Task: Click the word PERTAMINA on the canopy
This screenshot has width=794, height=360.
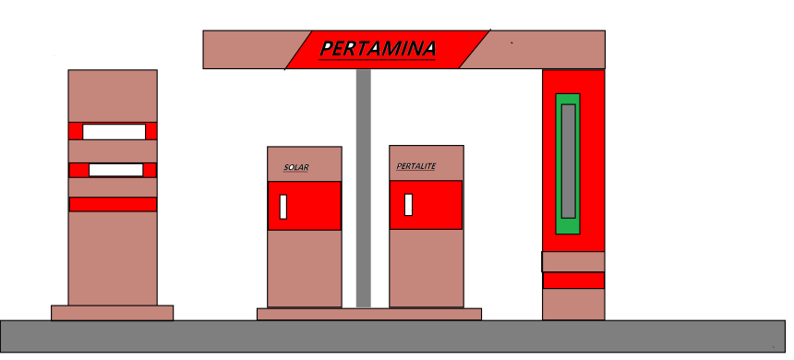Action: click(x=378, y=48)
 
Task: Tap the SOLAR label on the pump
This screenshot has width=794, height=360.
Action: click(x=296, y=168)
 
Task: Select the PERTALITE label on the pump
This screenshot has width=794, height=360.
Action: click(x=415, y=167)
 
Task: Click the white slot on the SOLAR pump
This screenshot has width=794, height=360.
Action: click(x=283, y=207)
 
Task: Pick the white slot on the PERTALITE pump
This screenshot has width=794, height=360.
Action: click(x=408, y=204)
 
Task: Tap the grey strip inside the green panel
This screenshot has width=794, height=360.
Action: click(x=569, y=161)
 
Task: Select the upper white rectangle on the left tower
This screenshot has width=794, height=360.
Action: click(x=114, y=132)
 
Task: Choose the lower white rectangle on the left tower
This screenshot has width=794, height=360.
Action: click(x=115, y=170)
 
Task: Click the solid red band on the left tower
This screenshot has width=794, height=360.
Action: click(x=113, y=204)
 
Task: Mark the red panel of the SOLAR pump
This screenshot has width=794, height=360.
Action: click(x=314, y=205)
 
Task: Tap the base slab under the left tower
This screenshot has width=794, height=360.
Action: click(x=112, y=313)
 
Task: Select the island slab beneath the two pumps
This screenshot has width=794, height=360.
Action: click(x=368, y=314)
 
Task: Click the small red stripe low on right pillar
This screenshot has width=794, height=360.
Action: click(x=573, y=281)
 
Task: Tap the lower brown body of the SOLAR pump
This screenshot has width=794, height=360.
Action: click(x=305, y=268)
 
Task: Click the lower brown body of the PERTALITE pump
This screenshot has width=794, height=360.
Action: click(x=426, y=268)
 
